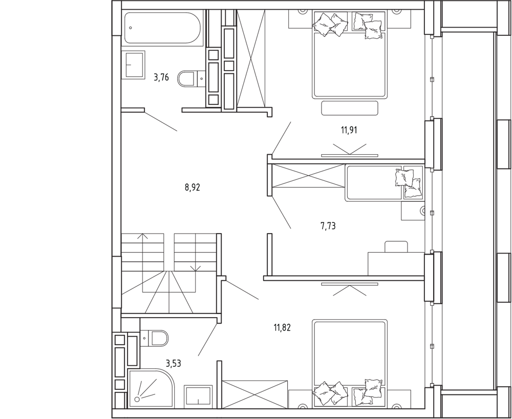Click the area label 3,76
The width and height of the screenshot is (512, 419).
tap(161, 77)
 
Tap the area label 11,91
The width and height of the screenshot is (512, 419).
tap(349, 130)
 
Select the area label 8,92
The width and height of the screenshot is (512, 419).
tap(193, 187)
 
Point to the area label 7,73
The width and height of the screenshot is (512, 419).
tap(328, 226)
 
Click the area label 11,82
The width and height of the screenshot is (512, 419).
tap(282, 327)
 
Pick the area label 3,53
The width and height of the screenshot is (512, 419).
tap(174, 363)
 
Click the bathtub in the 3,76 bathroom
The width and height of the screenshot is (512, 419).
tap(162, 28)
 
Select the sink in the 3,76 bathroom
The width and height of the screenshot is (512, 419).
tap(134, 65)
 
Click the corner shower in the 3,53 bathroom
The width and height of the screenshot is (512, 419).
tap(151, 388)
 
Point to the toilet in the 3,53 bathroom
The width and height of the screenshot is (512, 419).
tap(154, 338)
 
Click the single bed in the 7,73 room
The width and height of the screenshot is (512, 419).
tap(385, 183)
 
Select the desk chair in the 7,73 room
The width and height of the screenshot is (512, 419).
tap(396, 246)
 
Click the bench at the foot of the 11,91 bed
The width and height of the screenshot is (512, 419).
tap(350, 108)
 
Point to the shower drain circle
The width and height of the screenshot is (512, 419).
tap(137, 399)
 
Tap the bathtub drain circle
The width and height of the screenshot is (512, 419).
tap(131, 28)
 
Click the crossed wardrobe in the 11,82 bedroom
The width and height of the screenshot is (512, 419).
tap(254, 394)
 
